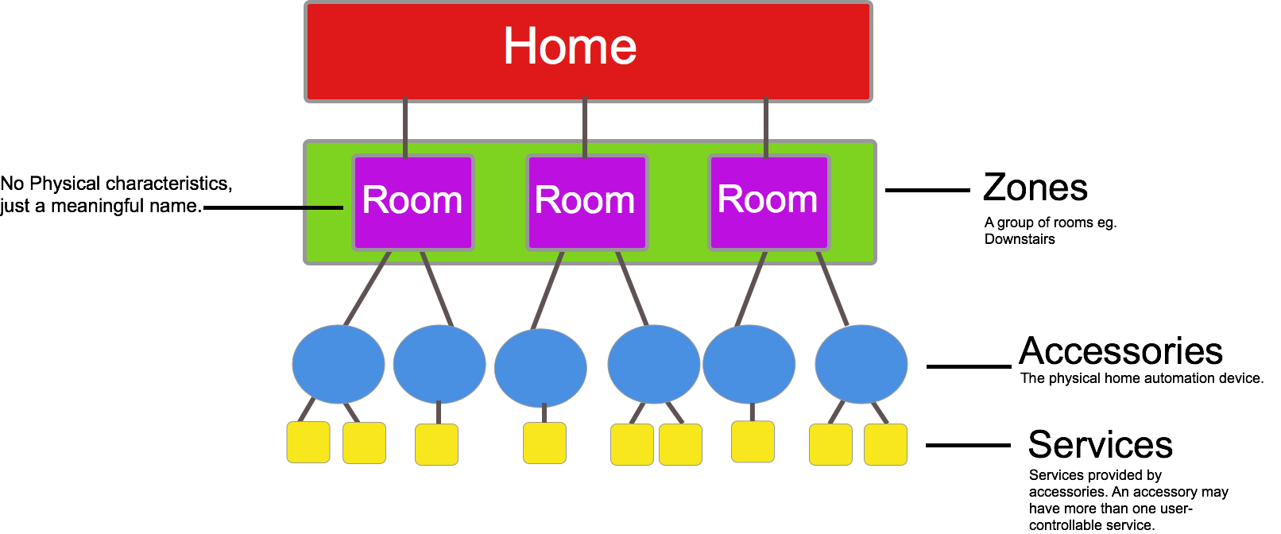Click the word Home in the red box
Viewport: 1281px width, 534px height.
point(570,46)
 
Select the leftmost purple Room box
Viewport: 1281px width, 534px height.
point(412,202)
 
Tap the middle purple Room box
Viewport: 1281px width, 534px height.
point(586,202)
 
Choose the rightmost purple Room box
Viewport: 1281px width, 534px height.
point(768,202)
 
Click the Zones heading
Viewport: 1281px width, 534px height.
point(1035,188)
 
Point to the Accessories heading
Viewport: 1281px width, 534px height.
point(1120,351)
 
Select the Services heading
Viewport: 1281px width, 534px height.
point(1100,445)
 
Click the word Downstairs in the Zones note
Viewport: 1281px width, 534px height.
point(1020,239)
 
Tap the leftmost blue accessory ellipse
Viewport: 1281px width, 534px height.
point(339,365)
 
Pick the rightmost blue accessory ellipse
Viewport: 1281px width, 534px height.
point(861,365)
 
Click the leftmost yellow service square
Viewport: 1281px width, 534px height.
point(308,443)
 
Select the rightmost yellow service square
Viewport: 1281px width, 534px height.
point(885,444)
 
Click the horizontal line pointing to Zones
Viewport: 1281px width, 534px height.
point(927,191)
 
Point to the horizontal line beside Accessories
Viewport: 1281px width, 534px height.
point(969,366)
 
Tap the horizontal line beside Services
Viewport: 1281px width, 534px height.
point(968,446)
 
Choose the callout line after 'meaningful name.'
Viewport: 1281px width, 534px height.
point(273,208)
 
